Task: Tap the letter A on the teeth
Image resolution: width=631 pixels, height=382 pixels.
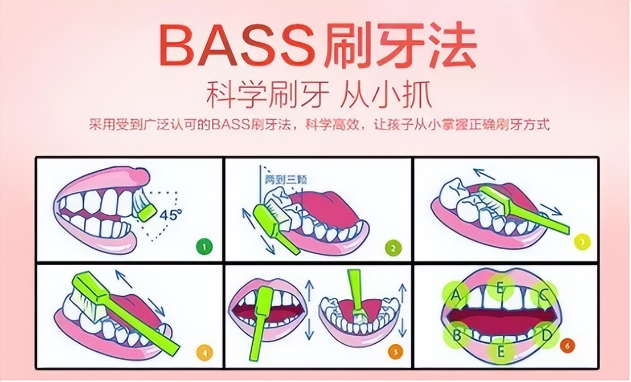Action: click(x=456, y=295)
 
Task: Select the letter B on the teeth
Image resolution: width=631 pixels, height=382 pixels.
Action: click(x=456, y=335)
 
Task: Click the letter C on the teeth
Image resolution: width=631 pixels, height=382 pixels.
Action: click(x=543, y=295)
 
